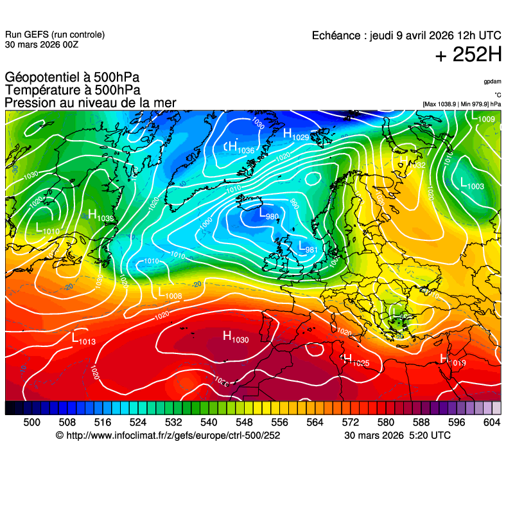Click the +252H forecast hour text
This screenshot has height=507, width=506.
(x=468, y=55)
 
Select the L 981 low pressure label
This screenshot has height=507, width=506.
(x=308, y=247)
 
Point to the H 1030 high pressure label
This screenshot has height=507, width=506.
(x=235, y=336)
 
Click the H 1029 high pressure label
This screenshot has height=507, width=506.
(x=296, y=134)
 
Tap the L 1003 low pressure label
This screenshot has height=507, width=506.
(x=472, y=184)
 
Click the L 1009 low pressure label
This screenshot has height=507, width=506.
(x=482, y=118)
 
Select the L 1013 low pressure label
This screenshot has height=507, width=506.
(x=83, y=339)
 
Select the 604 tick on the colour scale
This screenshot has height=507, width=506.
(x=491, y=422)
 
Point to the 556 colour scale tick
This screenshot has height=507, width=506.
(x=279, y=422)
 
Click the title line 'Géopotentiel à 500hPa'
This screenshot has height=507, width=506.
(x=72, y=78)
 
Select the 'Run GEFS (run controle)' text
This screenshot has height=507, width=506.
(x=55, y=35)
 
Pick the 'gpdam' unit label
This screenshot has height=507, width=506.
(x=493, y=82)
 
